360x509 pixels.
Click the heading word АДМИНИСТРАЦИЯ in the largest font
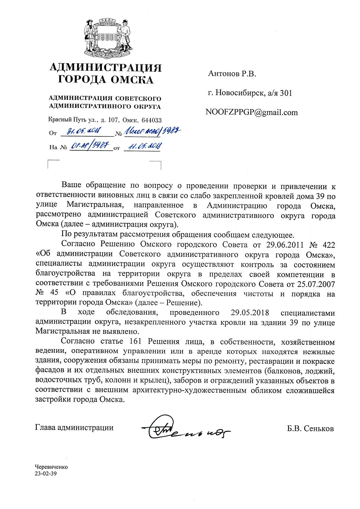[x=106, y=68]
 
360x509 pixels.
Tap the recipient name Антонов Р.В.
[x=232, y=74]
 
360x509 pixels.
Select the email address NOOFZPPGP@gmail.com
[x=251, y=112]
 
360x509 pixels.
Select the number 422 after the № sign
[x=329, y=245]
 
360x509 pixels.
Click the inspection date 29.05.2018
[x=250, y=313]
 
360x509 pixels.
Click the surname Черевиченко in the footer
[x=51, y=467]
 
